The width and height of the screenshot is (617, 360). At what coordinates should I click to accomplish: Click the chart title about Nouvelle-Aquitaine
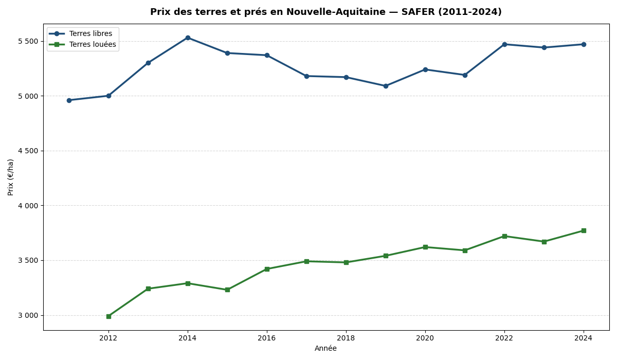(325, 12)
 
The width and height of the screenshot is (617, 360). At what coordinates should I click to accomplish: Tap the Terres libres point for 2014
(188, 38)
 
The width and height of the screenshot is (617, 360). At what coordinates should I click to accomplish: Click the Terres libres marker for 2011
(69, 100)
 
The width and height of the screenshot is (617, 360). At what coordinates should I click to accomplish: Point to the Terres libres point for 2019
(386, 86)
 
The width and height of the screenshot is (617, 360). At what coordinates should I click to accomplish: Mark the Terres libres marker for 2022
(504, 44)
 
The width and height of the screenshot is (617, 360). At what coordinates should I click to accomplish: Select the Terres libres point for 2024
(584, 44)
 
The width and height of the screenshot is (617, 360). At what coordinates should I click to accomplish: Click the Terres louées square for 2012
(108, 316)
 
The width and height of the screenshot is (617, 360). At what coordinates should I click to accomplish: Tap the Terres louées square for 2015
(227, 290)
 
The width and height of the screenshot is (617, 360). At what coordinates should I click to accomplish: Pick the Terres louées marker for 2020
(425, 247)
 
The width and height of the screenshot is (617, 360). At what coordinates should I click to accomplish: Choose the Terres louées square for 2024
(584, 230)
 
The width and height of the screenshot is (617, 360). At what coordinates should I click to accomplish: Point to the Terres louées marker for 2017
(306, 261)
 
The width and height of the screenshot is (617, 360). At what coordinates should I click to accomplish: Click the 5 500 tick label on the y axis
(28, 41)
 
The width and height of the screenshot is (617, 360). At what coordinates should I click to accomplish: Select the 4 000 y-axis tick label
(28, 206)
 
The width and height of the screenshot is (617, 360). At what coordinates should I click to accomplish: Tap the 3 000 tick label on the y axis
(28, 315)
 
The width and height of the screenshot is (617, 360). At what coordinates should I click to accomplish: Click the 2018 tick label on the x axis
(346, 338)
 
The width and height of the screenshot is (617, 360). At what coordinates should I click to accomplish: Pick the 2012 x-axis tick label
(108, 338)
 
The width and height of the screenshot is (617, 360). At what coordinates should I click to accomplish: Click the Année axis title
(325, 349)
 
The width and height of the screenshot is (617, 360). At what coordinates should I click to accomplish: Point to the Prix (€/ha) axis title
(11, 177)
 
